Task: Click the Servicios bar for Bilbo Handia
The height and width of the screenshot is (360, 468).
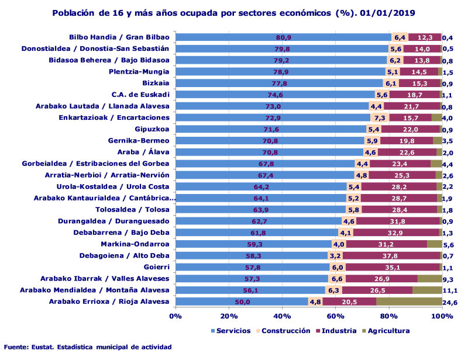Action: (x=283, y=37)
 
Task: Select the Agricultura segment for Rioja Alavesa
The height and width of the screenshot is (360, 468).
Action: (x=409, y=302)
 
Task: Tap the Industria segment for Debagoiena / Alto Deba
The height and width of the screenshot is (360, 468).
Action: (x=391, y=256)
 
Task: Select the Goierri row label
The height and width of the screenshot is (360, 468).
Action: (x=157, y=267)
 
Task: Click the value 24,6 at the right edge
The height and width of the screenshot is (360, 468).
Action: (x=450, y=302)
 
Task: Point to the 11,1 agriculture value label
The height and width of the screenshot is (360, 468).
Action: (x=450, y=290)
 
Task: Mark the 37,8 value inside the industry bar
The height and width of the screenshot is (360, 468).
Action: (x=391, y=256)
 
